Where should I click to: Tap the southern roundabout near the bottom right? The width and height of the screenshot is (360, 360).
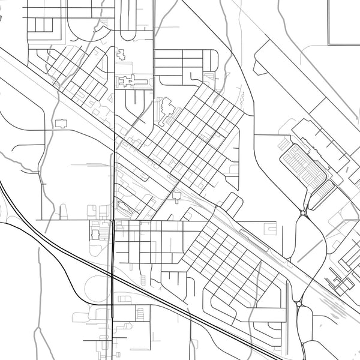(299, 304)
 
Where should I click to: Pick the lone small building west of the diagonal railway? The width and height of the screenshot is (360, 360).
(61, 123)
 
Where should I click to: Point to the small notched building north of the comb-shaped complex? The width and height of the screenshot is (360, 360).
(121, 54)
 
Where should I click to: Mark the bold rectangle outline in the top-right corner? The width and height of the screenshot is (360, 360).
(344, 22)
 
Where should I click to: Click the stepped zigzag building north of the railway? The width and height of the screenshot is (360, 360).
(167, 111)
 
